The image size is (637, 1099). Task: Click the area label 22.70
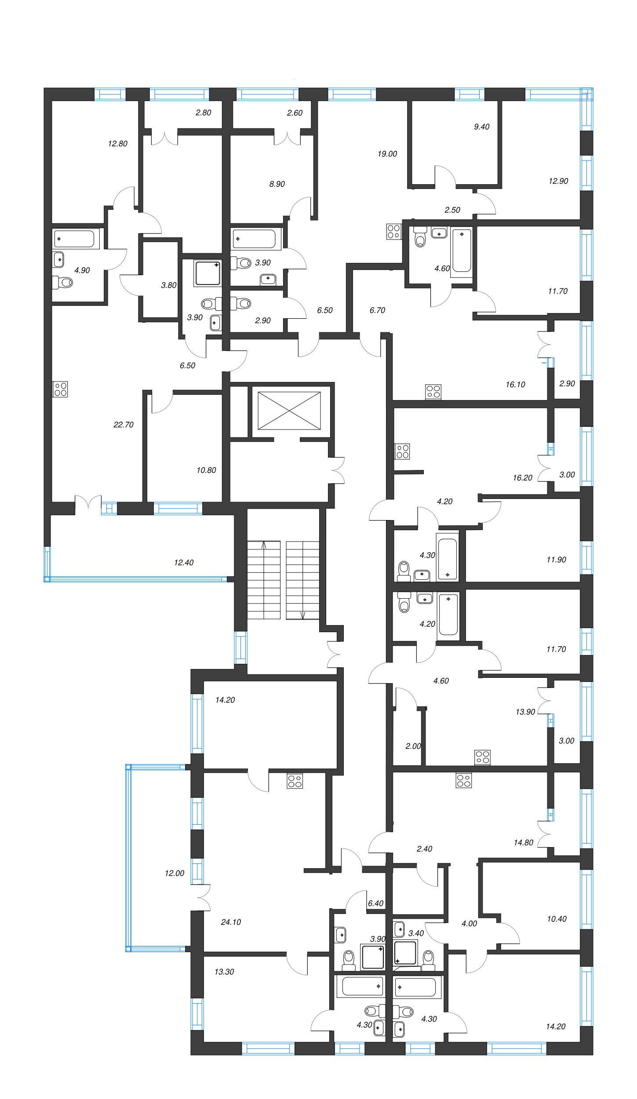(x=123, y=425)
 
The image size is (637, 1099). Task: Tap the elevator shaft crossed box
(x=289, y=411)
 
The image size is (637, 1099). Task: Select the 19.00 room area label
(x=387, y=154)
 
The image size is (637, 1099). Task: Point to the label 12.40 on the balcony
(x=184, y=562)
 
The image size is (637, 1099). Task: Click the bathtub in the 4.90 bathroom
(x=74, y=239)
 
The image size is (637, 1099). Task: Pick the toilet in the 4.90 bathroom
(x=63, y=282)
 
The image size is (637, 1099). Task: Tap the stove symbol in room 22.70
(x=60, y=389)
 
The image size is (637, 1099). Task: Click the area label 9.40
(x=481, y=127)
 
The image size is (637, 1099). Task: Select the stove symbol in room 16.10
(x=433, y=392)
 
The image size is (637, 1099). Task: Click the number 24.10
(x=231, y=922)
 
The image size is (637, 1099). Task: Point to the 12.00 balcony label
(x=175, y=873)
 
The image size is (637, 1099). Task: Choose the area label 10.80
(x=206, y=470)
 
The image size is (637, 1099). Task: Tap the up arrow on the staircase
(x=264, y=545)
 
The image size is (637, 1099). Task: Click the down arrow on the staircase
(x=303, y=615)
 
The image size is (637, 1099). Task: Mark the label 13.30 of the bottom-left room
(x=224, y=972)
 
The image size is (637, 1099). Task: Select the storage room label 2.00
(x=413, y=746)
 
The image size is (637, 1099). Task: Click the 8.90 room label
(x=277, y=184)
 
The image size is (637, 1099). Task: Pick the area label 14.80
(x=523, y=842)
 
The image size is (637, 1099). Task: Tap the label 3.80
(x=169, y=285)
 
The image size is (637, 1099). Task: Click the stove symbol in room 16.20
(x=402, y=451)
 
